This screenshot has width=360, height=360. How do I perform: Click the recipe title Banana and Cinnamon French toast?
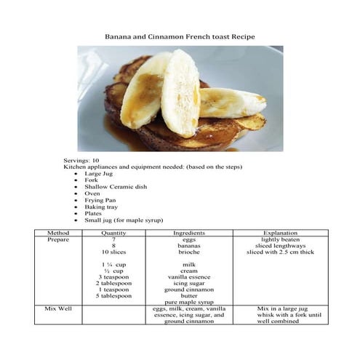(180, 36)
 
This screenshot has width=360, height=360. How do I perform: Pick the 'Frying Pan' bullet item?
(101, 200)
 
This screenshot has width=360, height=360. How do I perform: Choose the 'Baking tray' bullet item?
(101, 207)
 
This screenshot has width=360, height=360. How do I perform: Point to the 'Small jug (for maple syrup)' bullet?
(124, 220)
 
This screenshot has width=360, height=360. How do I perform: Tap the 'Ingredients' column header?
(188, 232)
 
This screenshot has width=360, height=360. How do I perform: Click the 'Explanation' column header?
(279, 232)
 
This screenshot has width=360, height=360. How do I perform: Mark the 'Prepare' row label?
(57, 239)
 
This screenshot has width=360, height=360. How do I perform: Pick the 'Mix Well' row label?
(57, 308)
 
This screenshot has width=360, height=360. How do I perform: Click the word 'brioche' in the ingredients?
(188, 252)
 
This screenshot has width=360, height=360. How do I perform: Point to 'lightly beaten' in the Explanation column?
(279, 239)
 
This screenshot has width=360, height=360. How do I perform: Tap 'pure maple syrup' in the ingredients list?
(188, 302)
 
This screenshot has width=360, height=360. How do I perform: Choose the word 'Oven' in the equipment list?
(92, 193)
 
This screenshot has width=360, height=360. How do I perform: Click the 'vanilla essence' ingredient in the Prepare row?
(188, 277)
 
